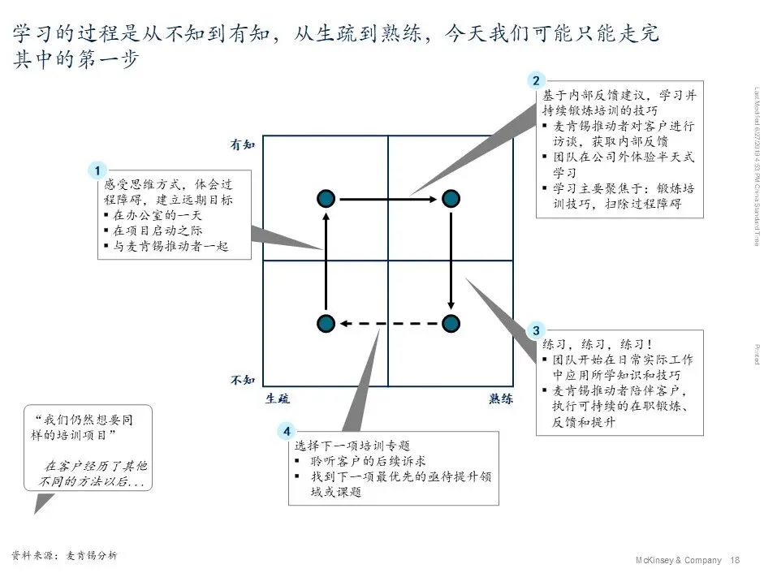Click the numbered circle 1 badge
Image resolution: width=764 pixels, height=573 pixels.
(97, 170)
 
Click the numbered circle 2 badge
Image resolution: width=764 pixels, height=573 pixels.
(535, 80)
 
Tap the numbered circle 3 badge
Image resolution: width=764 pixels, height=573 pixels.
(535, 330)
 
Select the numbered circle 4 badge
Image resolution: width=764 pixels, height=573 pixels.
(286, 431)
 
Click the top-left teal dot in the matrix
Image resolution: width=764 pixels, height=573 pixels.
(326, 198)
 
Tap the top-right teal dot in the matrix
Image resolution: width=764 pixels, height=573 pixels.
(451, 198)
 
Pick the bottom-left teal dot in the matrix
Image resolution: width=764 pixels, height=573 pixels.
(326, 323)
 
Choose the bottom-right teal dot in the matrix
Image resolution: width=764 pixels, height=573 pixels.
(451, 323)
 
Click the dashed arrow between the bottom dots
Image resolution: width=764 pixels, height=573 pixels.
(388, 323)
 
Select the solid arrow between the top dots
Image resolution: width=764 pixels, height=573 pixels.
(388, 198)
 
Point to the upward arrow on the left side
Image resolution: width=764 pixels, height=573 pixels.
(326, 260)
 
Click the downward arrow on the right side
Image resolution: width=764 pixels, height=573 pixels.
(451, 260)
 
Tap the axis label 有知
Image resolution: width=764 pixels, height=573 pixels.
(243, 144)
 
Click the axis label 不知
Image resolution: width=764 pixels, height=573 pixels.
(243, 379)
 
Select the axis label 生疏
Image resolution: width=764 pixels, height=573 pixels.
(277, 399)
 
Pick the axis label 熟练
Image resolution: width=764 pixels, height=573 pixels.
(501, 399)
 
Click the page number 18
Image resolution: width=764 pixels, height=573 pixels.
(736, 560)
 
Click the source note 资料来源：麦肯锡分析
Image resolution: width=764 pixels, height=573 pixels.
(65, 555)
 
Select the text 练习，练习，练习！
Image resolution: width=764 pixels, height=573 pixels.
(598, 344)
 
